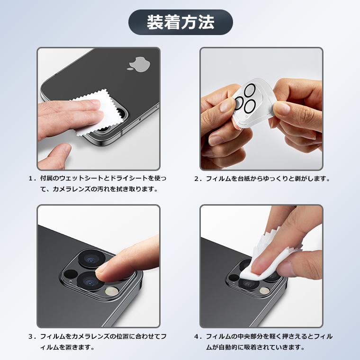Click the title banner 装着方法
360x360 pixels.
pyautogui.click(x=180, y=22)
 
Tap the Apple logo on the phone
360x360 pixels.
pyautogui.click(x=135, y=63)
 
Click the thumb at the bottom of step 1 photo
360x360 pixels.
pyautogui.click(x=56, y=154)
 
